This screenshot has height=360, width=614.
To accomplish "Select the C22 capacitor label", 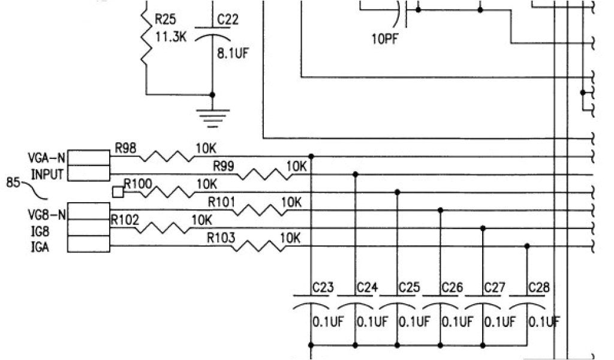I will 228,20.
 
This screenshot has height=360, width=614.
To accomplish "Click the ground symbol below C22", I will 212,118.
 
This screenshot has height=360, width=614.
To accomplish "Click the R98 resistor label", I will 125,148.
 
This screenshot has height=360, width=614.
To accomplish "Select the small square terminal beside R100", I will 118,192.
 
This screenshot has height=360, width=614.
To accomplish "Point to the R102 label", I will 125,220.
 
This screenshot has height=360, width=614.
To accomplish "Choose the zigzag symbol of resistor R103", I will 260,245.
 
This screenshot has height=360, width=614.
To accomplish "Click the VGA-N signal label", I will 47,158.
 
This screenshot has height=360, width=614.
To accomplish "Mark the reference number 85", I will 14,182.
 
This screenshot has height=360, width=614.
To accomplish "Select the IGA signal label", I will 40,247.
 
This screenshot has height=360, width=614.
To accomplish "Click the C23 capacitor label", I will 323,287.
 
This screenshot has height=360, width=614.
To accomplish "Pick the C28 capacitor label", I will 538,287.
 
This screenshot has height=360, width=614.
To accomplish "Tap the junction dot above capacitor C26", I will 441,210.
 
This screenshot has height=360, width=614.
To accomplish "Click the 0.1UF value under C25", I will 414,322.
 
